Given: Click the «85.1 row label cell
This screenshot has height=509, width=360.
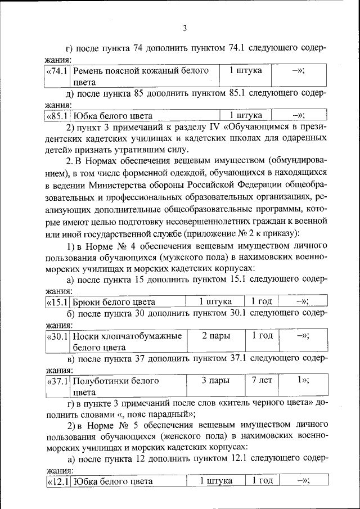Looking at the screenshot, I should pos(58,116).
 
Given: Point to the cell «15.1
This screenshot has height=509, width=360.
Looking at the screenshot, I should pos(58,302).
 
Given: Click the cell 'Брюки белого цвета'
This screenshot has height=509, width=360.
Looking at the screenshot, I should pos(127,302).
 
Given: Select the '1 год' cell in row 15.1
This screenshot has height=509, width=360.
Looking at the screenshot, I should pos(262,302).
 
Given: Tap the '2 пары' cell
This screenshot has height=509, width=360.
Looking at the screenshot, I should pos(215,336).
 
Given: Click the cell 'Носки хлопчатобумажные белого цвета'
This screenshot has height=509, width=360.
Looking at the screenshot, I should pos(127,341).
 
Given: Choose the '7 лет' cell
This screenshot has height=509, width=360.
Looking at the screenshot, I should pos(262,381).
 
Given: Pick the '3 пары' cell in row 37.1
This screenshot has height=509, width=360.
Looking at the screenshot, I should pos(215,381).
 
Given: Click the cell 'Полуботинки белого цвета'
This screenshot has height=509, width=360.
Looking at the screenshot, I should pos(127,386).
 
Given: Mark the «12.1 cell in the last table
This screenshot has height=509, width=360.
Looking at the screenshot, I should pos(58,481).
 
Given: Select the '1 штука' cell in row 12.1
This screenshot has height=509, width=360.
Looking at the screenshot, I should pos(215,481).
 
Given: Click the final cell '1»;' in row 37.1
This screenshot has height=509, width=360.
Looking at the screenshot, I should pos(303,381).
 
